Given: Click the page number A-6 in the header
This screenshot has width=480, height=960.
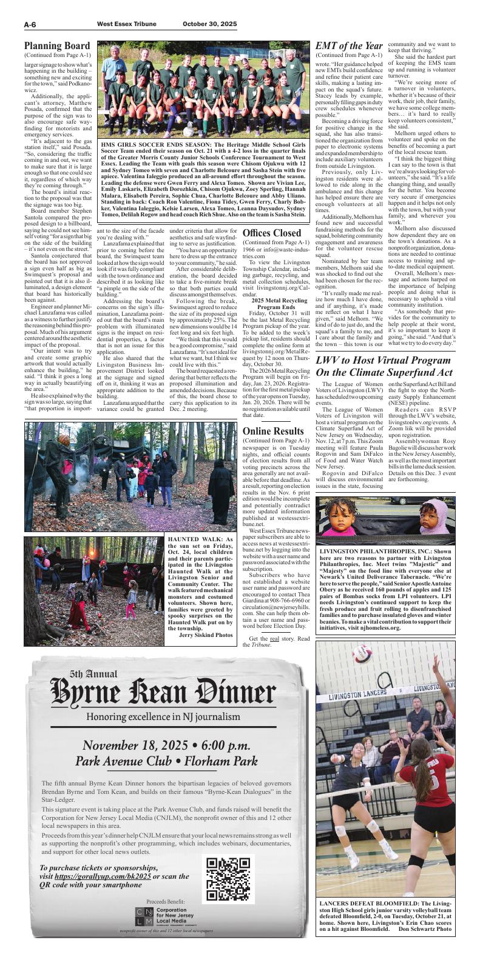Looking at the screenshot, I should pyautogui.click(x=32, y=24).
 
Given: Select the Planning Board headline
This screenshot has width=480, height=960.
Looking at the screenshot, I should pyautogui.click(x=57, y=46).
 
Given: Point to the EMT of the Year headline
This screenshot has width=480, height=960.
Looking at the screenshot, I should pyautogui.click(x=349, y=46).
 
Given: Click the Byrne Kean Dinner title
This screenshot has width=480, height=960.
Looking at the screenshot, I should pyautogui.click(x=163, y=693).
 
